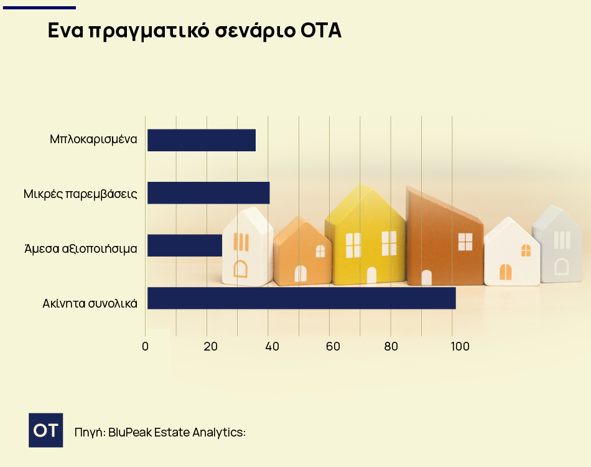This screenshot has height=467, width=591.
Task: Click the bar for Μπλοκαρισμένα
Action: (201, 140)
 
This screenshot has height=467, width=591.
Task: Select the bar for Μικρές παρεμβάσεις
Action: (208, 193)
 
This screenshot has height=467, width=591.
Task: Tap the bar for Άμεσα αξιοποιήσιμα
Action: (185, 245)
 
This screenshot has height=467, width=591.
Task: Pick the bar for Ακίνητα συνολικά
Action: (301, 298)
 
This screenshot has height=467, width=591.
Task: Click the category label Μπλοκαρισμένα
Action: (93, 139)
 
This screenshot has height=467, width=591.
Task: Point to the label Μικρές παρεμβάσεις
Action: (80, 194)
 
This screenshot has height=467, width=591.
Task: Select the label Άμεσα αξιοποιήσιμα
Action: (80, 248)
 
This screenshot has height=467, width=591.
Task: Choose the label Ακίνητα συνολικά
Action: (90, 304)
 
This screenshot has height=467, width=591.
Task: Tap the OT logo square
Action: (45, 430)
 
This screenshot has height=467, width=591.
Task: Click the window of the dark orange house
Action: (465, 242)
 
